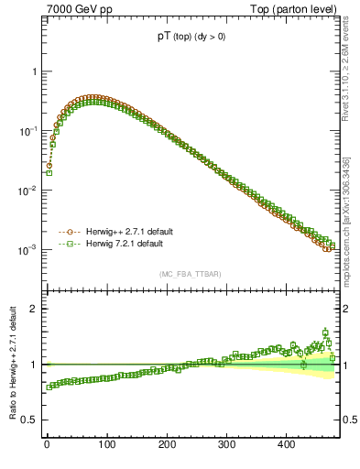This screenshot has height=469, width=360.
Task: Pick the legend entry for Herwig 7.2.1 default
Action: [x=119, y=245]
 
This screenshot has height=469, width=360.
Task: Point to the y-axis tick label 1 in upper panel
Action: [x=34, y=71]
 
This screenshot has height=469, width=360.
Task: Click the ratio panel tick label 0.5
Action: [x=29, y=420]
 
